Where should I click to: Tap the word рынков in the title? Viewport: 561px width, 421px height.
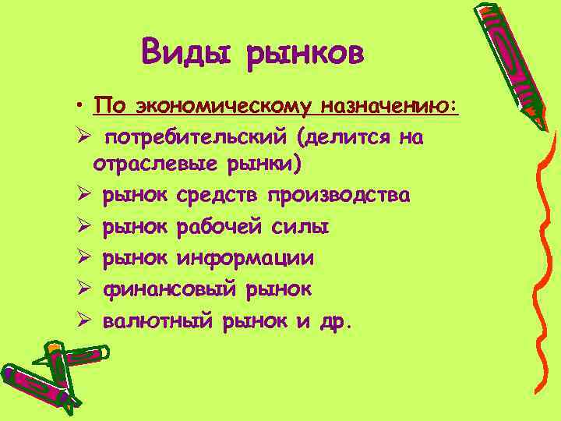(x=305, y=55)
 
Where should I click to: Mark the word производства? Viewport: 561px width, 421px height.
(x=338, y=196)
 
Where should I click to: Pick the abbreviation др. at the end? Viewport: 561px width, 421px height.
(x=334, y=320)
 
